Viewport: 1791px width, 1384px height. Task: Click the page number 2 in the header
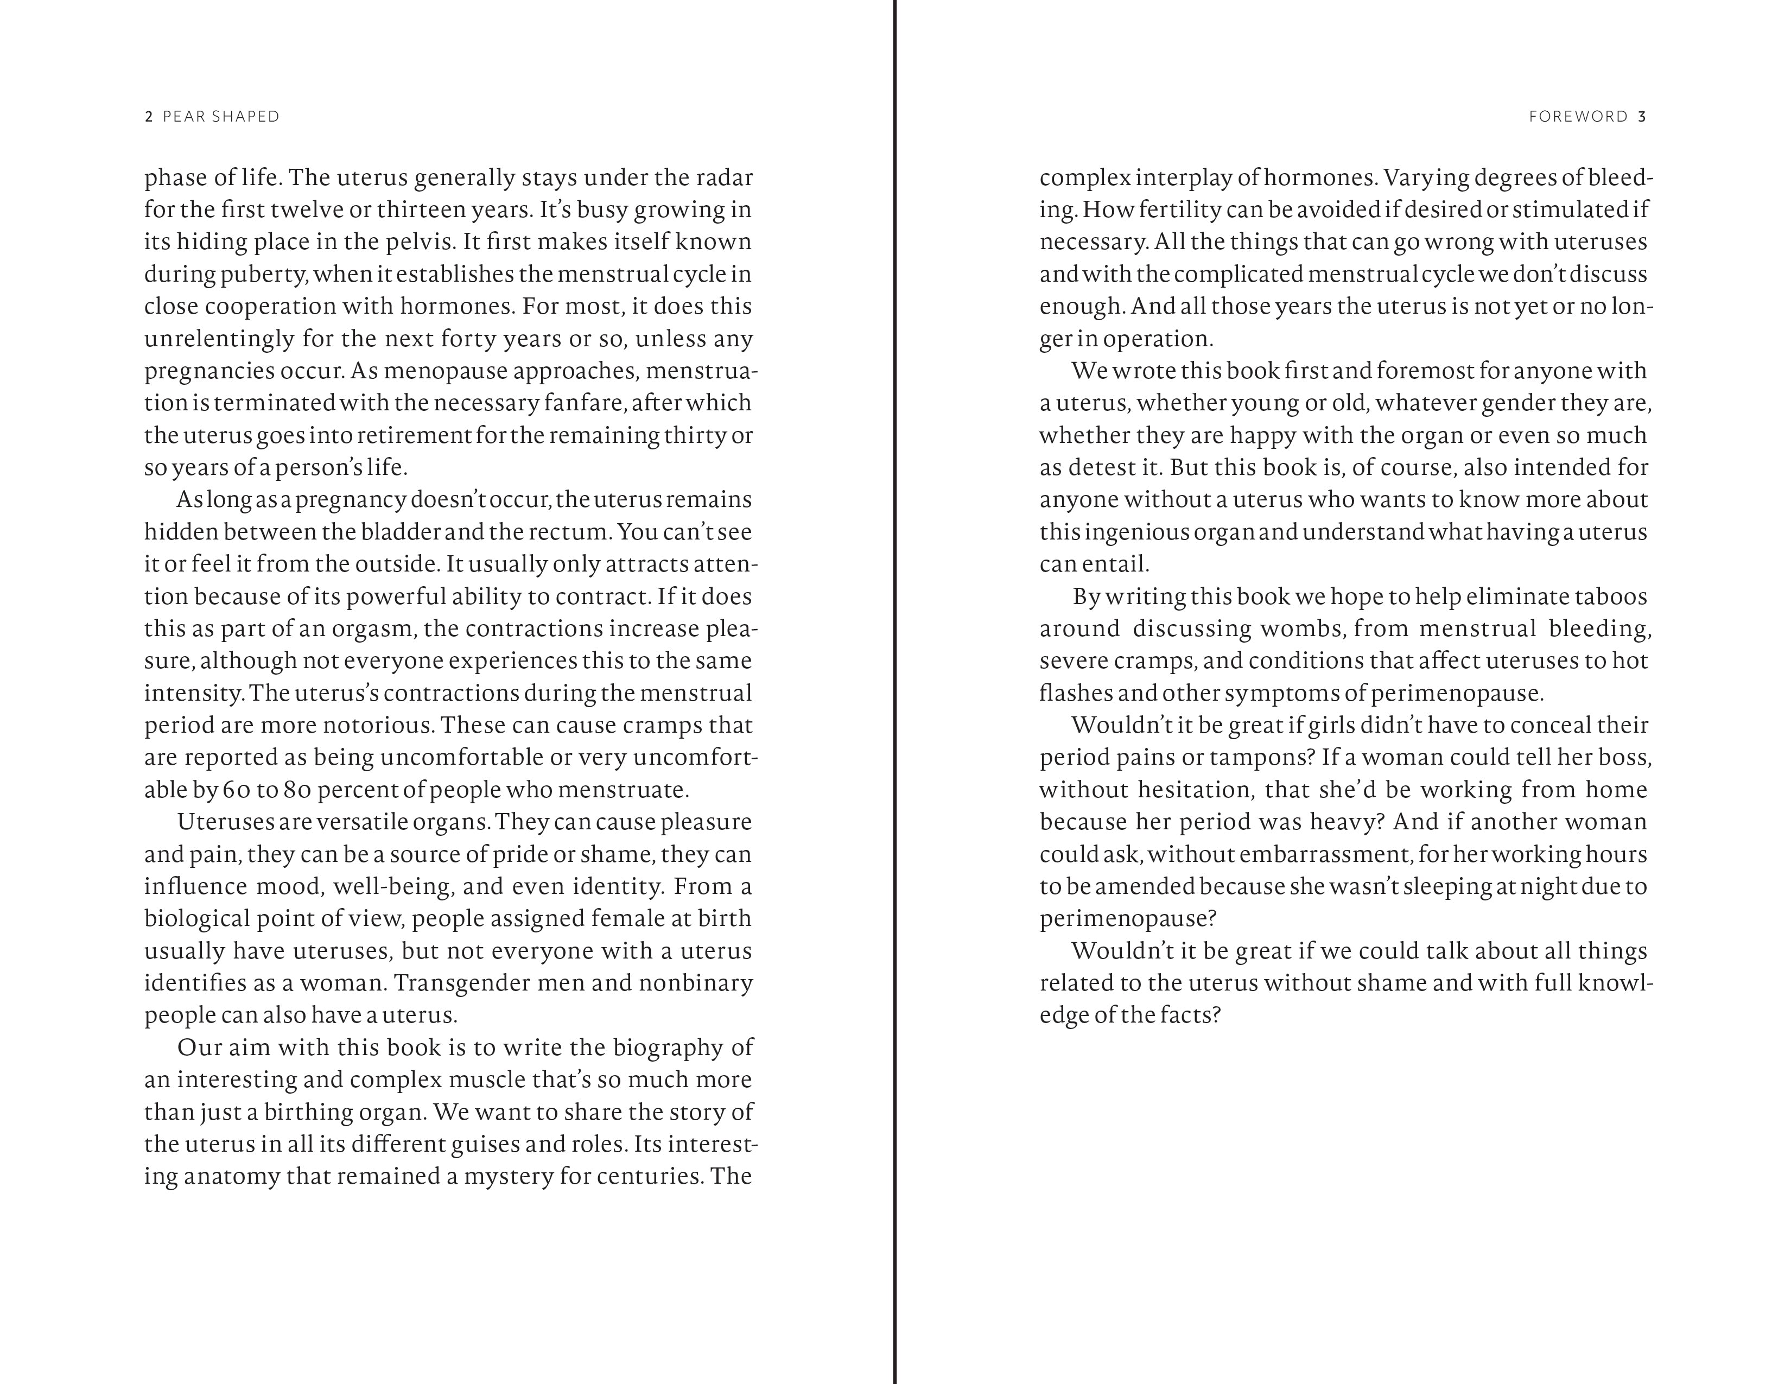[x=148, y=117]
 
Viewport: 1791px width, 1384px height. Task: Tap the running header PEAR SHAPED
[x=221, y=117]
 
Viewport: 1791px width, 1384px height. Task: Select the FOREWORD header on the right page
[x=1578, y=117]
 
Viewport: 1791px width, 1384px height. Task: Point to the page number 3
[x=1642, y=117]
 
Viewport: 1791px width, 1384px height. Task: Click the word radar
[x=725, y=177]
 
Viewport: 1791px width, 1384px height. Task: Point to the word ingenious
[x=1136, y=532]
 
